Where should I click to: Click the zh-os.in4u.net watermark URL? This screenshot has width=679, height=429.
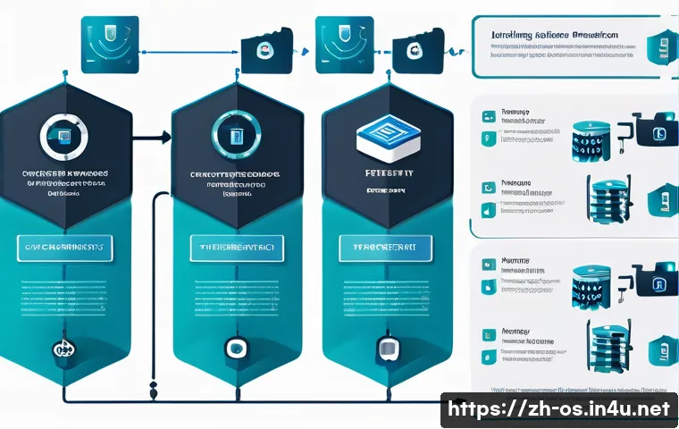click(558, 409)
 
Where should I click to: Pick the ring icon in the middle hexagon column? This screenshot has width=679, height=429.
click(236, 135)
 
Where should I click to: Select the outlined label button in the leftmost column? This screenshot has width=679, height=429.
click(63, 248)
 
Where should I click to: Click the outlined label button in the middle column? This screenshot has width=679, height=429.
click(236, 248)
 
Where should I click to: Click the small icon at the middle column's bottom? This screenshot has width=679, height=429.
click(236, 348)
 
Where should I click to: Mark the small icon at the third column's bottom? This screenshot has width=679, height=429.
click(388, 348)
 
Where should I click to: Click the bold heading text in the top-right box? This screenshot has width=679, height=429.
click(554, 36)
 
